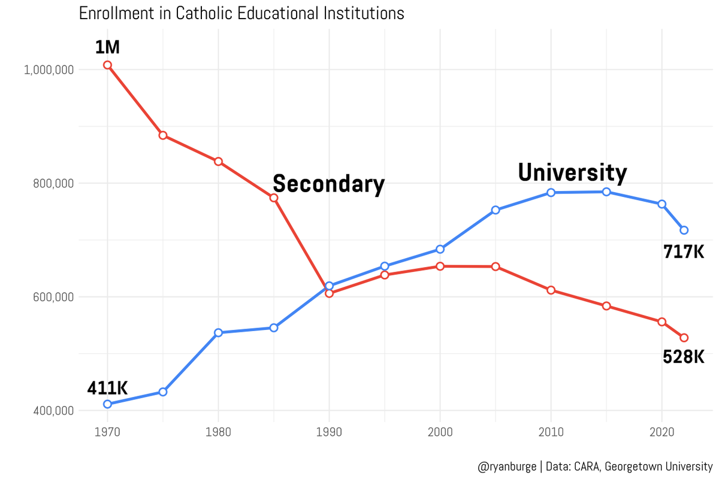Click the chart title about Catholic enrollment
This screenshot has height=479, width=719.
[x=241, y=13]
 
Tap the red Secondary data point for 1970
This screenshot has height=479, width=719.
[x=107, y=65]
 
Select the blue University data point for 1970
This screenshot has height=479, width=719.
[x=107, y=404]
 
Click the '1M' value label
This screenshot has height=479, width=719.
[x=107, y=46]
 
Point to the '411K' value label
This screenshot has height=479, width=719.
[x=107, y=388]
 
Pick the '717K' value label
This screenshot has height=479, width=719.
[x=683, y=252]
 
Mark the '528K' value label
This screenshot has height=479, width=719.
[x=683, y=357]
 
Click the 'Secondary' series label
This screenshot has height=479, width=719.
[x=328, y=184]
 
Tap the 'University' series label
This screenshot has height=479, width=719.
[x=572, y=172]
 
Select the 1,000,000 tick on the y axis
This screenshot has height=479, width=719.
[x=49, y=69]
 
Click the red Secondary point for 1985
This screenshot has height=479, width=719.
[x=274, y=198]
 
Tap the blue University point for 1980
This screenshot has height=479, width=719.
[x=218, y=332]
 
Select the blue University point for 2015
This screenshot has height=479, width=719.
[x=606, y=192]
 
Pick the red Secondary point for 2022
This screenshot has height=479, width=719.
[x=684, y=338]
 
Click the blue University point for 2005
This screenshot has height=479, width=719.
[x=496, y=210]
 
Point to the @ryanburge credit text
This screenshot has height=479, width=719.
[x=595, y=466]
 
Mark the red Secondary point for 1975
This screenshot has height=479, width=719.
[x=163, y=135]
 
